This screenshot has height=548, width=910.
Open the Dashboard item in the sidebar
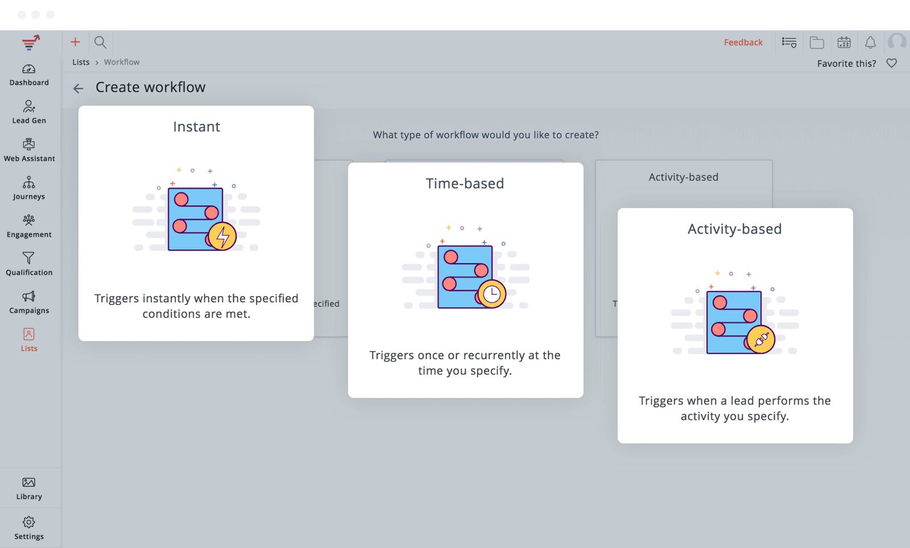(29, 75)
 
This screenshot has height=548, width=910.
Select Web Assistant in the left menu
(29, 150)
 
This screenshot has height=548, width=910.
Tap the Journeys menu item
(29, 188)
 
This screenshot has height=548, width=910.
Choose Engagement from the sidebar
(29, 226)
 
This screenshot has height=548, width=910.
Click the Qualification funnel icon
(28, 258)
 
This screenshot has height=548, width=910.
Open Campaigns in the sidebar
(29, 302)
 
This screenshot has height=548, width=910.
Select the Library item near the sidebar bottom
(29, 488)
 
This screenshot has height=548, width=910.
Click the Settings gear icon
(29, 522)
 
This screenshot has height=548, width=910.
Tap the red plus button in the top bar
(75, 42)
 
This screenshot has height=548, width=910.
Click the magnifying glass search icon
(100, 42)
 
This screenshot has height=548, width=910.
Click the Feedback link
(743, 42)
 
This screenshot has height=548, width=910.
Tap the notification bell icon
(870, 42)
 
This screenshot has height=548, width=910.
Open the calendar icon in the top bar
(844, 42)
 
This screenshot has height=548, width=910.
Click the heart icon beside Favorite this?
(892, 63)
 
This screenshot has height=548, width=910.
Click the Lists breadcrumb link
(81, 62)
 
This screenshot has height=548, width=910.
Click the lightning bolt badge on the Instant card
(222, 236)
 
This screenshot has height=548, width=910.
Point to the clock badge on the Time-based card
(492, 294)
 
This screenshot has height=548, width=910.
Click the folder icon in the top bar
(817, 42)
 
